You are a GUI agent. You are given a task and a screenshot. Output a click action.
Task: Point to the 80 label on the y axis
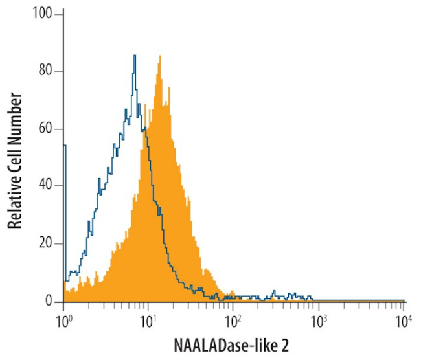tap(46, 71)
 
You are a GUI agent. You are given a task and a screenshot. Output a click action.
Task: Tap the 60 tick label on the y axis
tap(46, 129)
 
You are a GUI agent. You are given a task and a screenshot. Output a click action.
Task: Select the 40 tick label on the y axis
tap(46, 186)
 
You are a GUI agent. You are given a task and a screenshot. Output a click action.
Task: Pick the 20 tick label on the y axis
tap(46, 244)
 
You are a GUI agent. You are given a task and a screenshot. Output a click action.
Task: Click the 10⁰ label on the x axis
tap(63, 319)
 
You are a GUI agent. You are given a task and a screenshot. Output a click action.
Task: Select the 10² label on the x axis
tap(233, 319)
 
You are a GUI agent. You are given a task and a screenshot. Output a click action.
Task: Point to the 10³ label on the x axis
tap(318, 319)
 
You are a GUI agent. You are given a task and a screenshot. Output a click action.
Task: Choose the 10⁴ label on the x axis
tap(403, 319)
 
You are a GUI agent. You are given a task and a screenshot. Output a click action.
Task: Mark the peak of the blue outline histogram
tap(134, 56)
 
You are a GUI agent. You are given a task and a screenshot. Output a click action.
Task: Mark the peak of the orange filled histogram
tap(159, 57)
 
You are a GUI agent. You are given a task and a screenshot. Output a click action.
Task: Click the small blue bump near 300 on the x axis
tap(274, 292)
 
